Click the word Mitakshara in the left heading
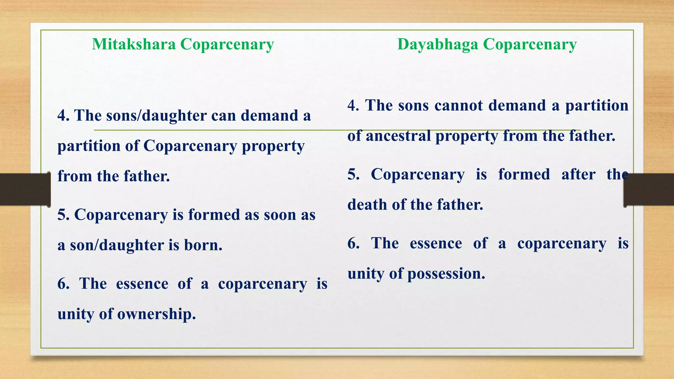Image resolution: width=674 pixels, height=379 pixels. click(x=134, y=44)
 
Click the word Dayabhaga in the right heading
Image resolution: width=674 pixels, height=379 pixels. click(x=437, y=44)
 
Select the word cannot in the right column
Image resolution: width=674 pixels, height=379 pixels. click(x=459, y=106)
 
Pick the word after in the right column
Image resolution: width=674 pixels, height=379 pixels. click(x=578, y=174)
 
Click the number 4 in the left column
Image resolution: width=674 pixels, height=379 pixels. click(x=61, y=115)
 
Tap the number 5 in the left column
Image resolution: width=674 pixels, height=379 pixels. click(x=61, y=215)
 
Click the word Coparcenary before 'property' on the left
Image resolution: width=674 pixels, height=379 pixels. click(x=190, y=146)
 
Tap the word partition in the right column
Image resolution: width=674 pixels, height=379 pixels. click(x=597, y=106)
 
